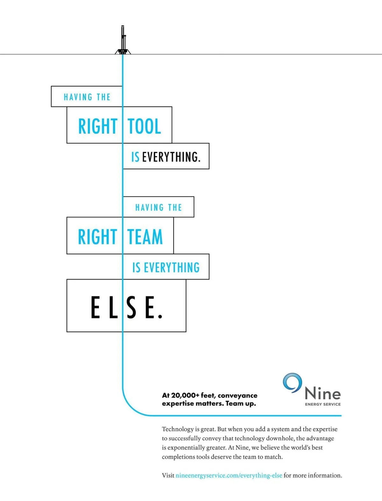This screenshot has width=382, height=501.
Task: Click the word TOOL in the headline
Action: click(145, 126)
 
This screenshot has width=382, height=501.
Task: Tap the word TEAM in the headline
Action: click(145, 237)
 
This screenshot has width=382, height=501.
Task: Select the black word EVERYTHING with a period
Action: click(171, 157)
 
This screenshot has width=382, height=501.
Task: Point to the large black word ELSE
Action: click(127, 307)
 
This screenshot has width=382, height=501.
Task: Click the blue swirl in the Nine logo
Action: click(292, 383)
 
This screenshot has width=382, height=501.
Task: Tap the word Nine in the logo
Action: click(322, 394)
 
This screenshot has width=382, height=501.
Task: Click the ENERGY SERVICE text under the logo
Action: click(323, 404)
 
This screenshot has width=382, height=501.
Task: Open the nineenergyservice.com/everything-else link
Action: click(229, 476)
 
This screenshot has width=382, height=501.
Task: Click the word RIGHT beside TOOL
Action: click(98, 126)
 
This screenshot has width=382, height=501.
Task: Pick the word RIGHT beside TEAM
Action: click(98, 237)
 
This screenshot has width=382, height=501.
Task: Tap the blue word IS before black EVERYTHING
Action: click(135, 157)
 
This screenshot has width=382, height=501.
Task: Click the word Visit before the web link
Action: click(168, 476)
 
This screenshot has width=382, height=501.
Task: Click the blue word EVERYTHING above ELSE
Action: click(172, 268)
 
